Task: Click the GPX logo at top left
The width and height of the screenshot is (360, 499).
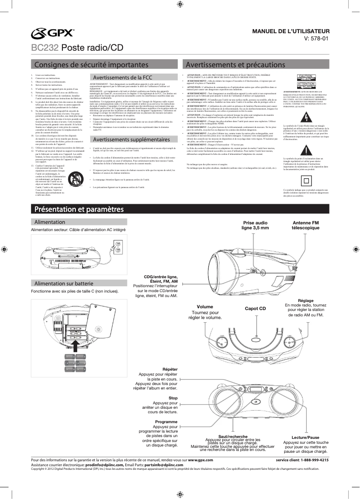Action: tap(53, 33)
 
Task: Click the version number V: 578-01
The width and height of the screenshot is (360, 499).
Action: tap(317, 39)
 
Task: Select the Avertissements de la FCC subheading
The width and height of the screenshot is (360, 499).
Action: tap(122, 77)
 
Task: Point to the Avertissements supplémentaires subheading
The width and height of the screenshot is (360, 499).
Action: tap(127, 140)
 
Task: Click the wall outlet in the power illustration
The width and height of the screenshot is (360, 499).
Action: tap(118, 247)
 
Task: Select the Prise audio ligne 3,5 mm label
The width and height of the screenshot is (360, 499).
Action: tap(255, 225)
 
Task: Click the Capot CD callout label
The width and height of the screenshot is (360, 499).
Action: tap(255, 309)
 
